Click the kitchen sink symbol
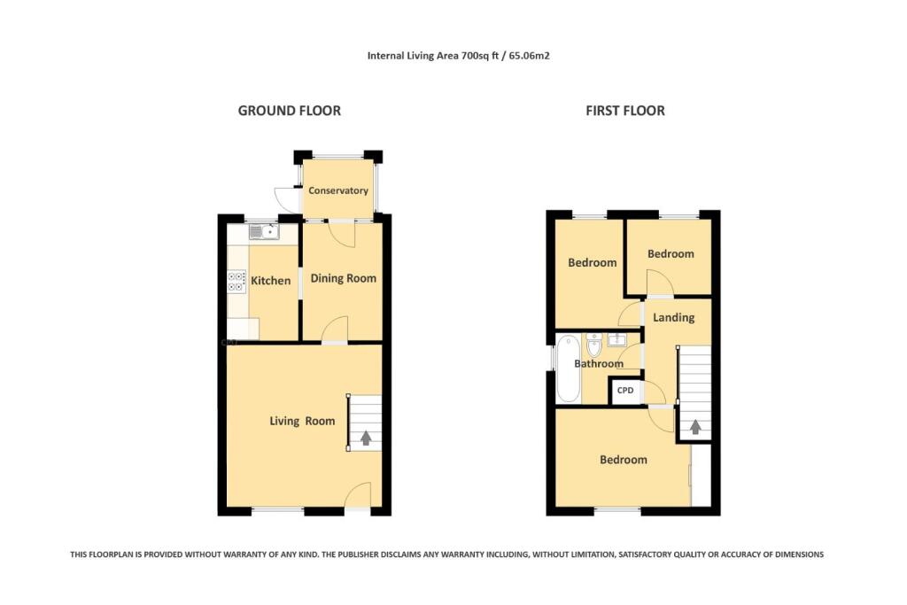(x=264, y=233)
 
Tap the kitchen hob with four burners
(x=236, y=282)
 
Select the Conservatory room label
(x=337, y=190)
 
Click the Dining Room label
(x=343, y=278)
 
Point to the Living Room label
(x=302, y=421)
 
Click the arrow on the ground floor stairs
(x=366, y=438)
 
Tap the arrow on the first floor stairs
(x=695, y=427)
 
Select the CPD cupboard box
(x=625, y=390)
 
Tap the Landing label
(x=673, y=317)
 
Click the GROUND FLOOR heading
(x=289, y=111)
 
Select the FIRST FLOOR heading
(x=624, y=111)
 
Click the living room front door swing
(x=358, y=496)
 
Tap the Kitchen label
(x=270, y=281)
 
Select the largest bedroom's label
(x=623, y=460)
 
